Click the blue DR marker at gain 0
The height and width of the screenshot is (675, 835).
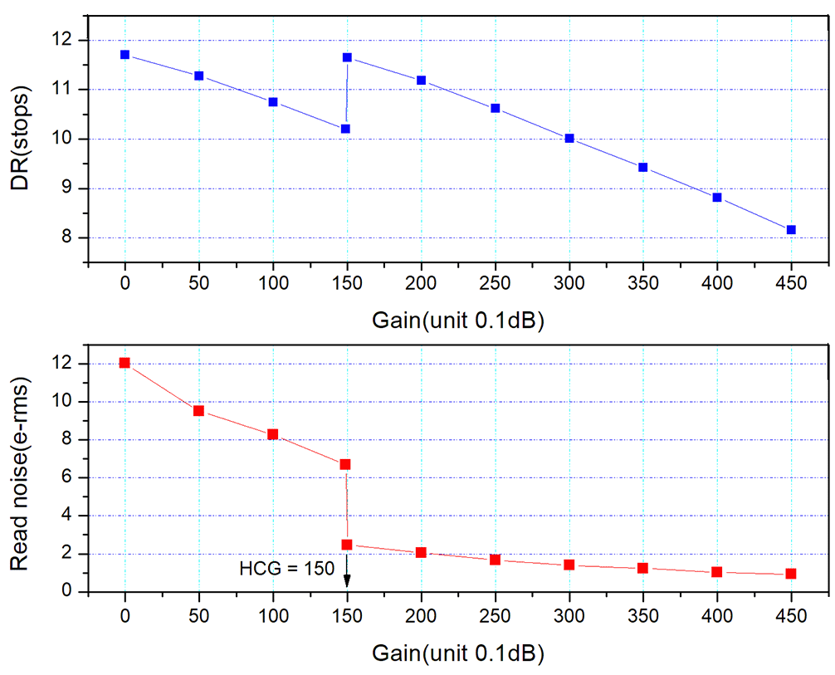pos(125,55)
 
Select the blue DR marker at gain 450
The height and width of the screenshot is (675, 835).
pos(791,230)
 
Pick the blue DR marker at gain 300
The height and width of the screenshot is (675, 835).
pos(569,138)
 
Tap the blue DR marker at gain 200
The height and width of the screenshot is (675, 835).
pos(421,81)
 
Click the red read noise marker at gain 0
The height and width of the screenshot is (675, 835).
pos(125,363)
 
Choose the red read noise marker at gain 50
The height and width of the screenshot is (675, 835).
pos(199,410)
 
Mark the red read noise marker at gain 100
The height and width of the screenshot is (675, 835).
pos(273,434)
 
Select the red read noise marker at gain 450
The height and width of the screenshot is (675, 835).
pos(791,574)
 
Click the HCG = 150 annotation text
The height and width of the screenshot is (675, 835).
pos(286,569)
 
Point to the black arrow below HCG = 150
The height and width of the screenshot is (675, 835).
pos(347,575)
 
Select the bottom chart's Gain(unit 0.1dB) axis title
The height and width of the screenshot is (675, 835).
pos(457,652)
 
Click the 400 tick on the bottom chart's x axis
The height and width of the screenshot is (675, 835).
pos(717,617)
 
